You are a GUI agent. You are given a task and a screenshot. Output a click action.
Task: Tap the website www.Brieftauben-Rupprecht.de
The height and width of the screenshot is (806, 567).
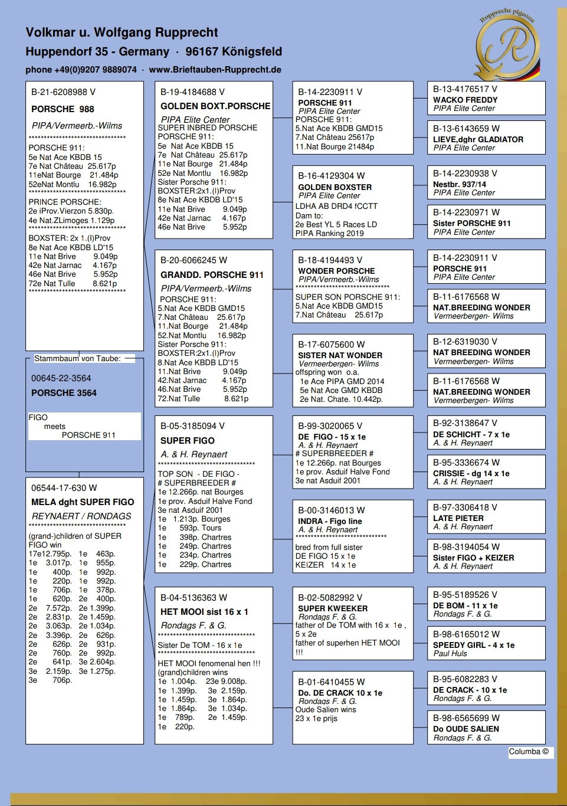[x=215, y=70]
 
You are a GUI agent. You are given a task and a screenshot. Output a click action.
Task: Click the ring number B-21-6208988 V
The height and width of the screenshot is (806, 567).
[x=63, y=92]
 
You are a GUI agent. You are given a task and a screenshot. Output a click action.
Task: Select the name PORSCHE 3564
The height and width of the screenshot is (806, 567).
[x=64, y=393]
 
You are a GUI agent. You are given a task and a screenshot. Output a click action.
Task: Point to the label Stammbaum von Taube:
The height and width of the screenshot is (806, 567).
[x=77, y=358]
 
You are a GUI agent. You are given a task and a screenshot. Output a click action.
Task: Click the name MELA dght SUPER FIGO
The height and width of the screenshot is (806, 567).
[x=83, y=502]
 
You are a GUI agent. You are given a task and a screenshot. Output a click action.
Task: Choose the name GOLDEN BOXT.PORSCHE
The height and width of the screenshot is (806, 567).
[x=215, y=106]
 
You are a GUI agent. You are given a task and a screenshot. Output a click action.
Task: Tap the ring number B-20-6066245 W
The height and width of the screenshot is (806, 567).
[x=194, y=260]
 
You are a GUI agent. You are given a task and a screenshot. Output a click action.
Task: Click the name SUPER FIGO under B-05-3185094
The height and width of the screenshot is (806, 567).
[x=188, y=441]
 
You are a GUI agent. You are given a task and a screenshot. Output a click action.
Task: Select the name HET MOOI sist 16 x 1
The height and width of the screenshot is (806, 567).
[x=204, y=612]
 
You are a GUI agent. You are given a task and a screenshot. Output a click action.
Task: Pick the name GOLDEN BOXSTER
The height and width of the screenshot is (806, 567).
[x=335, y=187]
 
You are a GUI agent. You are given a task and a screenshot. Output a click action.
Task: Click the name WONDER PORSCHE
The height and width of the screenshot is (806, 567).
[x=336, y=271]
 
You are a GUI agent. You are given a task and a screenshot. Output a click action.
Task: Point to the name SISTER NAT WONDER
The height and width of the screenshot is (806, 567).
[x=340, y=355]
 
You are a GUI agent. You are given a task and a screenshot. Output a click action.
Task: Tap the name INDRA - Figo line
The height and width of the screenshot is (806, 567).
[x=330, y=521]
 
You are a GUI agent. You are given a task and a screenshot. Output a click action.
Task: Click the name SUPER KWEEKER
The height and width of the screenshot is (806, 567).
[x=333, y=608]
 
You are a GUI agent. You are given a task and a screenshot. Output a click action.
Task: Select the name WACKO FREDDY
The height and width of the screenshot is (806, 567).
[x=465, y=100]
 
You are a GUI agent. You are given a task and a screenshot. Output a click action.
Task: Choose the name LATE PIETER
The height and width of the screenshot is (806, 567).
[x=458, y=518]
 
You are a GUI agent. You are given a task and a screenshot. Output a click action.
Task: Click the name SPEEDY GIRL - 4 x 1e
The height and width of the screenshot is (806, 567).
[x=474, y=645]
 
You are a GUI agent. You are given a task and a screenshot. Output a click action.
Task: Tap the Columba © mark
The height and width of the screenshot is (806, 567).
[x=529, y=752]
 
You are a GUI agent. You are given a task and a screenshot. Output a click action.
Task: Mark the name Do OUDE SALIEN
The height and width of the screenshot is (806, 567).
[x=466, y=729]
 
